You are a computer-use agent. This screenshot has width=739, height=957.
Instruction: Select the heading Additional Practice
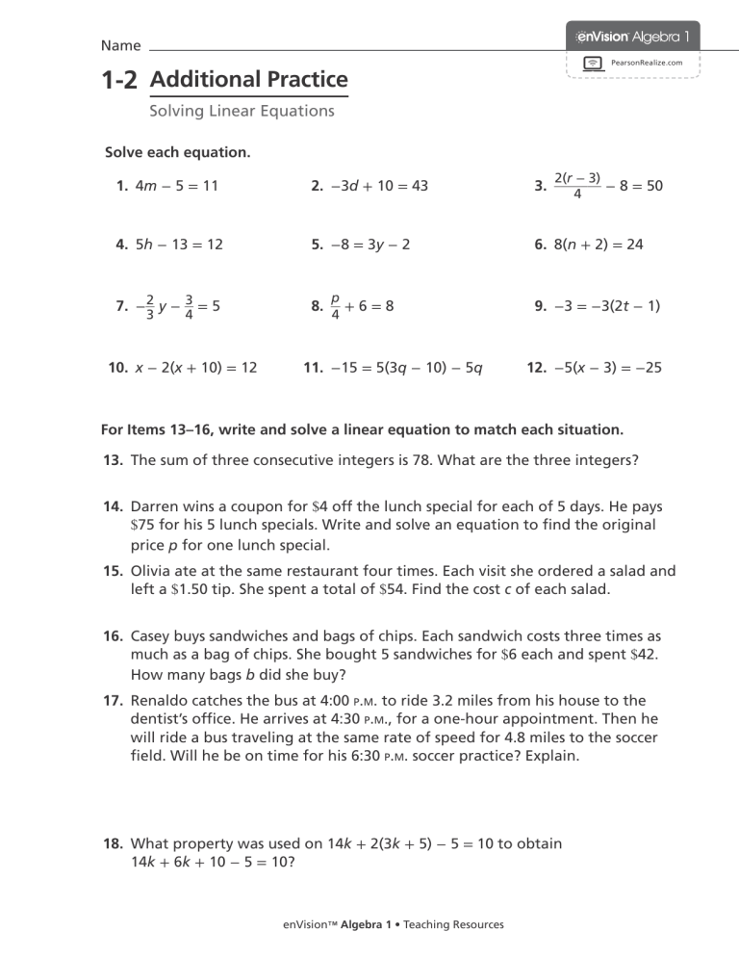(x=248, y=80)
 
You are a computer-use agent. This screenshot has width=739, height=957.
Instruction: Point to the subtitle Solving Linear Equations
(x=242, y=111)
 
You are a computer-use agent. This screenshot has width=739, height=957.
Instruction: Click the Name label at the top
(x=120, y=45)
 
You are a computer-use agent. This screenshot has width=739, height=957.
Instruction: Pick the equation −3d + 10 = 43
(x=369, y=187)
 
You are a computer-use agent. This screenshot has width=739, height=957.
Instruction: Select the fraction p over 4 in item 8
(x=334, y=306)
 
